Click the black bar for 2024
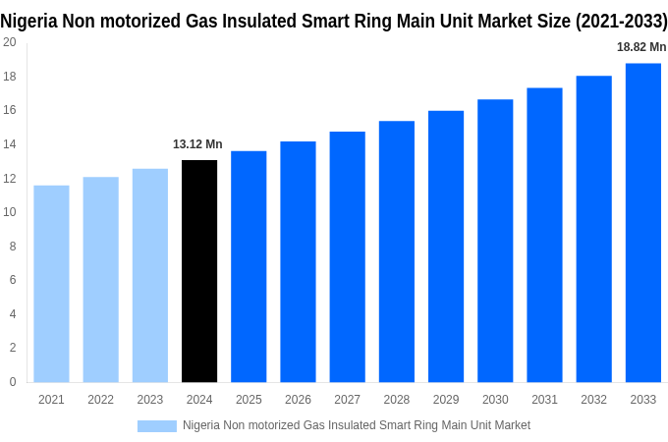[199, 271]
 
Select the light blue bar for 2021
[51, 284]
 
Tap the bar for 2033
[643, 223]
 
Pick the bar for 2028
[397, 251]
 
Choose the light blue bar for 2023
[150, 275]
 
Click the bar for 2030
[495, 241]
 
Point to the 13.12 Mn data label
[197, 144]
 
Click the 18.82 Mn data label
[641, 47]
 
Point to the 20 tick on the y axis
[9, 42]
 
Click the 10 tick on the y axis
[9, 212]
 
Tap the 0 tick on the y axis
[12, 382]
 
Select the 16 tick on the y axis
[9, 110]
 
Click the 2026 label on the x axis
[298, 400]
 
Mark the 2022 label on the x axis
[100, 400]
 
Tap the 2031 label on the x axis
[544, 400]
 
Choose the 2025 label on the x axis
[249, 400]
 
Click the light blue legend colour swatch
[156, 425]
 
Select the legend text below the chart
[356, 425]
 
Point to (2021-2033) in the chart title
[616, 21]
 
